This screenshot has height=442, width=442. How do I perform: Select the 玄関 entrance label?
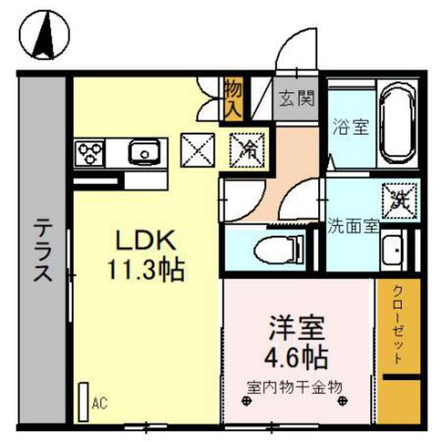pos(298,99)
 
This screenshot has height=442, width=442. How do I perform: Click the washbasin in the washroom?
pos(391,252)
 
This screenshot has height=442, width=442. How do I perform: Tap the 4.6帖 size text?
pos(297,357)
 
